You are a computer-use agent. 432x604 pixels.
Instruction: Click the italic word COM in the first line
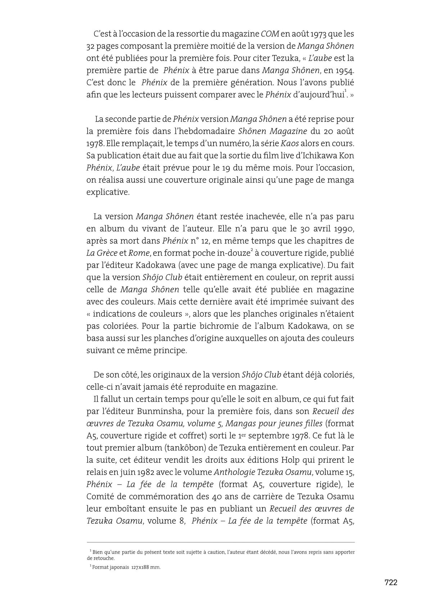click(270, 34)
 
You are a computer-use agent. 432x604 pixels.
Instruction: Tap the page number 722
click(391, 582)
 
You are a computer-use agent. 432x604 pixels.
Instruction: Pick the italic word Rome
click(139, 253)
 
